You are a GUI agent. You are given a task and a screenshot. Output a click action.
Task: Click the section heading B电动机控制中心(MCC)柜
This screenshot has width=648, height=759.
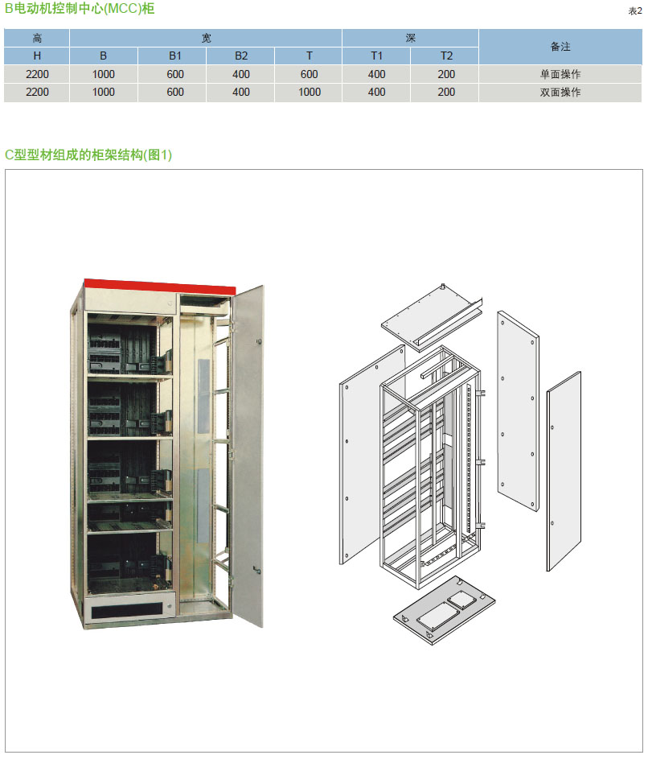(80, 9)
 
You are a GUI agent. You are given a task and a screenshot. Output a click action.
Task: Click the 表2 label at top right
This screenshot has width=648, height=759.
(635, 11)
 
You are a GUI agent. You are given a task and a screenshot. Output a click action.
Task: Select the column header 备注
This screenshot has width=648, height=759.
(560, 47)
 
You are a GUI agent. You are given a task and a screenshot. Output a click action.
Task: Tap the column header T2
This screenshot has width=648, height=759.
(446, 56)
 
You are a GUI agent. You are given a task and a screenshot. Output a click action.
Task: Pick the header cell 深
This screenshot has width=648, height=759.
(410, 38)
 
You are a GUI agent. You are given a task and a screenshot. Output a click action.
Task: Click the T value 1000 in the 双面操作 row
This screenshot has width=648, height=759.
(309, 92)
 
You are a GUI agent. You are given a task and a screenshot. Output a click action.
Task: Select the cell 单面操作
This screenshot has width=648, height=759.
(560, 74)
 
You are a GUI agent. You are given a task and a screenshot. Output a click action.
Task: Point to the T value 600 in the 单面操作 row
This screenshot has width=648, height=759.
(309, 74)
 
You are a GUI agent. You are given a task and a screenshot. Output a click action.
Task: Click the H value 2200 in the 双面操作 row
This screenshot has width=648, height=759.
(37, 92)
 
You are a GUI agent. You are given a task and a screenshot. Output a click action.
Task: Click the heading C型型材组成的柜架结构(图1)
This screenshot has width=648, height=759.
(88, 155)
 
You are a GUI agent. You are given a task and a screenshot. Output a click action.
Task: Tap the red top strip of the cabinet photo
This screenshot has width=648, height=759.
(161, 287)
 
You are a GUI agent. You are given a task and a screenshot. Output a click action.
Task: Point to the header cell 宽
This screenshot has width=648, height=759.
(206, 38)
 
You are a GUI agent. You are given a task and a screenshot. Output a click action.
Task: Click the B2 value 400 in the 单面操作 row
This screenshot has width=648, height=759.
(240, 74)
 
